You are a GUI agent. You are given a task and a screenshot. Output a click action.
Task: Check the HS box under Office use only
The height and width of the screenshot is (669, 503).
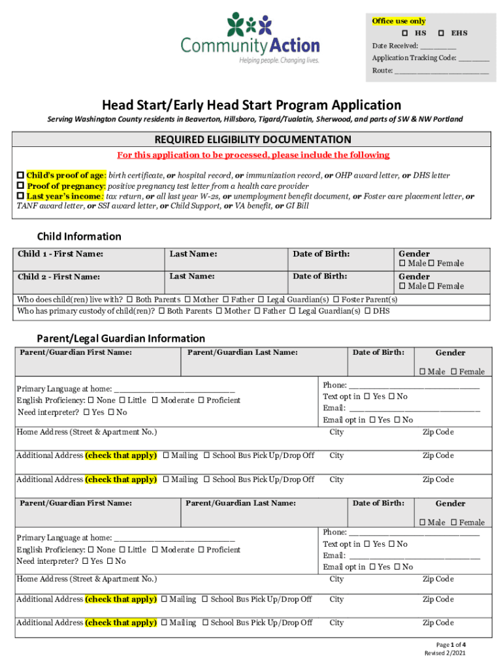(x=405, y=33)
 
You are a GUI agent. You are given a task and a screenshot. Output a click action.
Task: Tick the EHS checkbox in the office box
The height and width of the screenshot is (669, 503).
(x=442, y=33)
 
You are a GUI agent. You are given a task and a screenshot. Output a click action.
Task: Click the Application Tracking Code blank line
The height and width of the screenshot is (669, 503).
(x=474, y=58)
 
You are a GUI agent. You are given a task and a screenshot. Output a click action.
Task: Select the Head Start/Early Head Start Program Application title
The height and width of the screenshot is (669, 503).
(x=251, y=105)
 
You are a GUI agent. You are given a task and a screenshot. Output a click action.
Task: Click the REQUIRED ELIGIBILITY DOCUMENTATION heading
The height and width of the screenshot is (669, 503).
(x=252, y=139)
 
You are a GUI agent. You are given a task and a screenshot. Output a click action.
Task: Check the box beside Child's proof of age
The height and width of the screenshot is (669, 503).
(x=20, y=176)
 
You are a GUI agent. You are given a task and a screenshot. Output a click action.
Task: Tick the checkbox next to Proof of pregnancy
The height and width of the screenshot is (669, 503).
(x=20, y=186)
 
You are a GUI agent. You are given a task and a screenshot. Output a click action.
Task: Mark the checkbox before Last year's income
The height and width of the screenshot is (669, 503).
(x=20, y=196)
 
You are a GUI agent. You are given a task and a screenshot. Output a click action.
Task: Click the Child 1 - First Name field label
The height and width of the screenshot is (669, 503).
(x=60, y=253)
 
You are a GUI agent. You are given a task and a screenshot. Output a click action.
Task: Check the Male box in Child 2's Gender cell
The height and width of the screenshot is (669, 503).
(x=402, y=286)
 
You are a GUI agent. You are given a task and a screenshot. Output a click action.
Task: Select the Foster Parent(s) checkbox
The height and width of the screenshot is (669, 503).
(x=336, y=300)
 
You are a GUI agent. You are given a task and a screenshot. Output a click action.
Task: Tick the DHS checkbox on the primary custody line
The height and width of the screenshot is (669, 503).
(x=368, y=311)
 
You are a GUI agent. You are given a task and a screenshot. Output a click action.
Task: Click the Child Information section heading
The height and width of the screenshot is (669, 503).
(x=79, y=237)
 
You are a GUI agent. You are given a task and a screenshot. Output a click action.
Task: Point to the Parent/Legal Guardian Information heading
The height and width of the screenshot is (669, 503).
(x=121, y=338)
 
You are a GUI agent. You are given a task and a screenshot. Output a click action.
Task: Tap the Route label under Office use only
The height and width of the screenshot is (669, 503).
(x=382, y=71)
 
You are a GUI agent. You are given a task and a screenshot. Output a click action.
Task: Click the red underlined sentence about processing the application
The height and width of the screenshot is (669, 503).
(x=253, y=155)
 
